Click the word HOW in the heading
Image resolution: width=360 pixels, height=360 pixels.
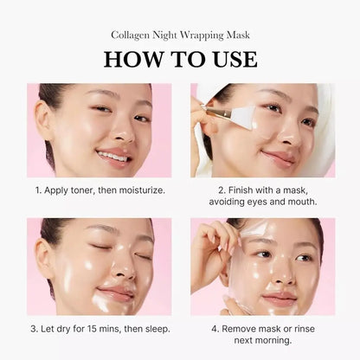pyautogui.click(x=132, y=59)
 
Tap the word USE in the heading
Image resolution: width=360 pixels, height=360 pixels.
pyautogui.click(x=230, y=59)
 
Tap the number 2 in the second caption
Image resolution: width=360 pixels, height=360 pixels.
pyautogui.click(x=221, y=189)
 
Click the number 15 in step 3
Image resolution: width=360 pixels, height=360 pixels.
pyautogui.click(x=89, y=329)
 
